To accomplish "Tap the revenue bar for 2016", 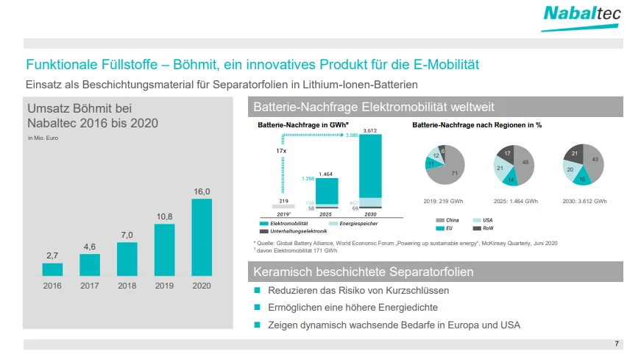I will pyautogui.click(x=52, y=269).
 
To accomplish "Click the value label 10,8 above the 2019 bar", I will pyautogui.click(x=165, y=217).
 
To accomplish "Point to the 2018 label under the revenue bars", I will pyautogui.click(x=127, y=286).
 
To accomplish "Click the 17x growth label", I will pyautogui.click(x=281, y=150).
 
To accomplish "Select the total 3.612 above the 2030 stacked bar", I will pyautogui.click(x=370, y=130).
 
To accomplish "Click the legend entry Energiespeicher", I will pyautogui.click(x=358, y=222).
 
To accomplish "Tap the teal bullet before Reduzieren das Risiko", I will pyautogui.click(x=258, y=291).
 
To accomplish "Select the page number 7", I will pyautogui.click(x=617, y=344).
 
